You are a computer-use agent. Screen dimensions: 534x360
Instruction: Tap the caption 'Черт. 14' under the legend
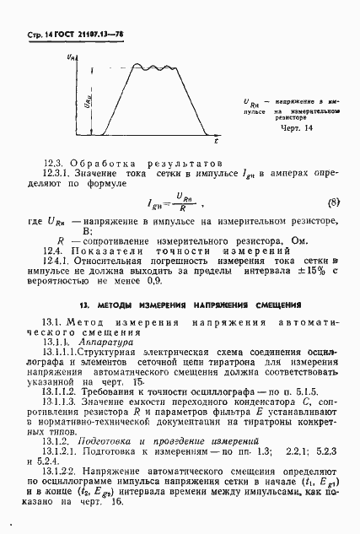296,127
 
